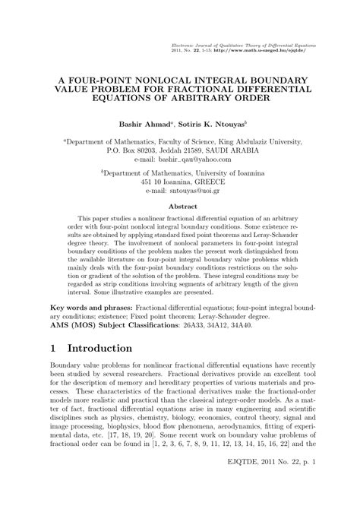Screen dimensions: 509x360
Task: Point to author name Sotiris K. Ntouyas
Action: coord(218,122)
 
